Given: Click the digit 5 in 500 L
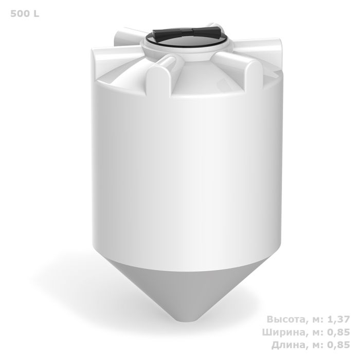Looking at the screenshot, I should pos(13,13).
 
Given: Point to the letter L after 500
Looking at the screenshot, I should pos(35,13).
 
